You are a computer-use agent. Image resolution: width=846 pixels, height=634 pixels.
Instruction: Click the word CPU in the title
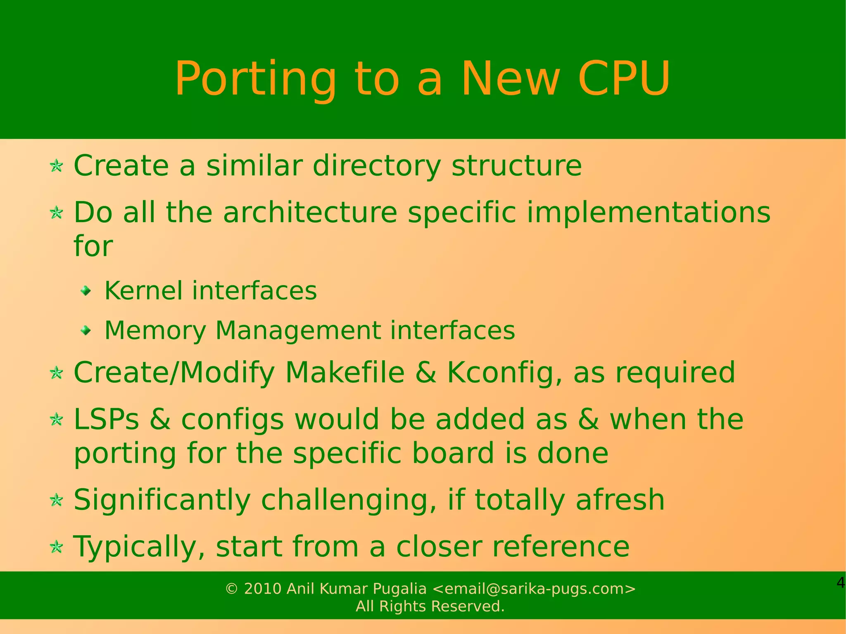pyautogui.click(x=624, y=79)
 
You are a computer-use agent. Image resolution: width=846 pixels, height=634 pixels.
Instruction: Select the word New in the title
pyautogui.click(x=511, y=79)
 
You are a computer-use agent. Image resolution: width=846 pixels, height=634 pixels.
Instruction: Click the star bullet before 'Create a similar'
pyautogui.click(x=56, y=166)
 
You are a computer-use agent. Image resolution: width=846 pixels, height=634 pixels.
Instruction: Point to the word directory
pyautogui.click(x=376, y=166)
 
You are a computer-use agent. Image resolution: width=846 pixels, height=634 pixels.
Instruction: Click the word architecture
pyautogui.click(x=310, y=213)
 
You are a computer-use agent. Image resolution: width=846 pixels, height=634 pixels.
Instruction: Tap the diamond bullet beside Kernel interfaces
pyautogui.click(x=86, y=292)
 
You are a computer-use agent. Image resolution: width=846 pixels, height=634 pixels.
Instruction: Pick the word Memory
pyautogui.click(x=155, y=331)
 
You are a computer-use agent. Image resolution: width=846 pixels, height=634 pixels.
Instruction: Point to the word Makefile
pyautogui.click(x=345, y=373)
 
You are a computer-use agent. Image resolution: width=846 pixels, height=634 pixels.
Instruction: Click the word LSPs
pyautogui.click(x=106, y=420)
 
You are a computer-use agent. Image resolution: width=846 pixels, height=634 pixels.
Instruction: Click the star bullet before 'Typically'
pyautogui.click(x=56, y=548)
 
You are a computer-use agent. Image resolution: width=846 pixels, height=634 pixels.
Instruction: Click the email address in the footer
pyautogui.click(x=533, y=589)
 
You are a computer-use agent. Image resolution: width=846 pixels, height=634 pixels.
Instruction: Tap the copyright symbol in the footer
pyautogui.click(x=232, y=589)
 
